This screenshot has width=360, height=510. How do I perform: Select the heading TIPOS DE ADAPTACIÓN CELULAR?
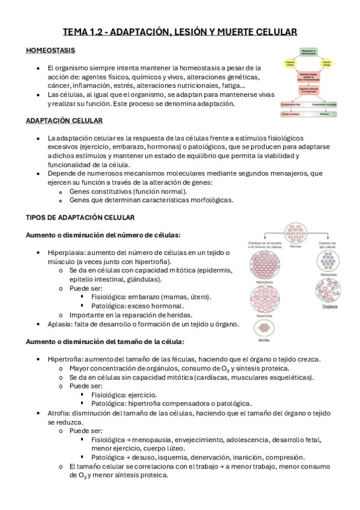(x=80, y=217)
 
